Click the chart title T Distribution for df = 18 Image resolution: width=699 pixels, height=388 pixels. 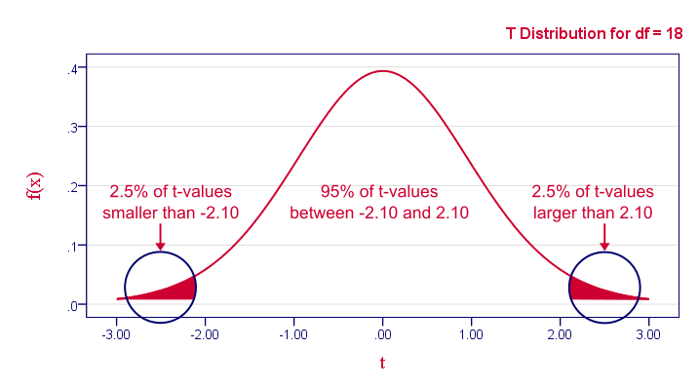594,33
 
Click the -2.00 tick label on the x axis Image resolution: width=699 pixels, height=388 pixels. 204,333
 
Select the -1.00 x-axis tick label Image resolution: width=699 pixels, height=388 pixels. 292,333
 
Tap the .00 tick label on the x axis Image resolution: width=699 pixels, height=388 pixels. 383,333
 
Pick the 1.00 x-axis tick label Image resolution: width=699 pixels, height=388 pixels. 472,333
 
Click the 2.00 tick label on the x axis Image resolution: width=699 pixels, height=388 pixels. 561,333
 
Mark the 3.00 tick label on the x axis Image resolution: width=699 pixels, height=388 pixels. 649,333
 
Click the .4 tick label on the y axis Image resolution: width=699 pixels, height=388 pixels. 71,69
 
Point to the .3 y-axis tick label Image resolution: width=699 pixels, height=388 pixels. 71,129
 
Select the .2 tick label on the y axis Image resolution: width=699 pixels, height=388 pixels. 71,187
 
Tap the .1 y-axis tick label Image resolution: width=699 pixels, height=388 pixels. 71,247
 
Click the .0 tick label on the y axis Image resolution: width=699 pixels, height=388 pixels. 71,306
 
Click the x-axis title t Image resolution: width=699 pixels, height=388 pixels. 382,364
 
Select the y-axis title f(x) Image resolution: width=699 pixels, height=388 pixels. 35,185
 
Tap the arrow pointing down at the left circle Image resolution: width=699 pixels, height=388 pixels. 161,239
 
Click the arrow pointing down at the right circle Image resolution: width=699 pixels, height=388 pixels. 604,239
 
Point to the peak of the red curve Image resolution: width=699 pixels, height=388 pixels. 382,71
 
